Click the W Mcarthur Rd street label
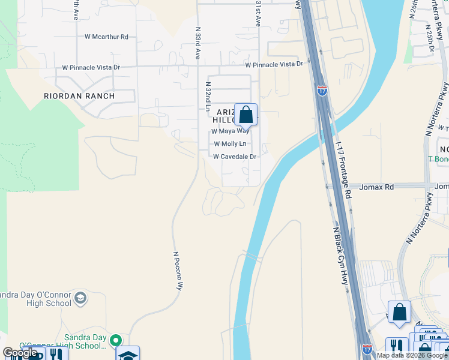coord(107,37)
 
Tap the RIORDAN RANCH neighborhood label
coord(79,95)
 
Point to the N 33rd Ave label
coord(197,42)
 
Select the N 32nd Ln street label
coord(208,97)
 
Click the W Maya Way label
coord(230,131)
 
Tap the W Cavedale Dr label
coord(235,157)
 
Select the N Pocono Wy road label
coord(178,271)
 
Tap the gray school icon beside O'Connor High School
coord(80,298)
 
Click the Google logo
coord(20,353)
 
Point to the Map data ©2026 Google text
coord(412,355)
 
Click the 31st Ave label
coord(258,13)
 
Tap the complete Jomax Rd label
coord(376,187)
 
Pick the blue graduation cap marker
coord(128,354)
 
